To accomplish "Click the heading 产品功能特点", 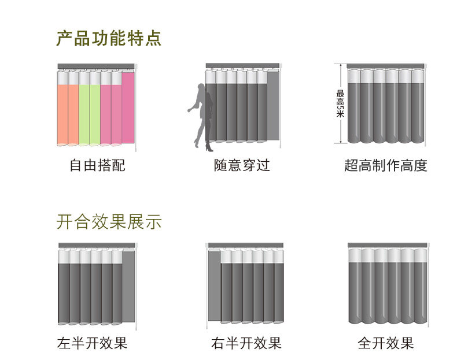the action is click(x=109, y=39).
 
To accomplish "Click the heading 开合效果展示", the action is click(x=109, y=222).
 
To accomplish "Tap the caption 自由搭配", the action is click(x=97, y=166).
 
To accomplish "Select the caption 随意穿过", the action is click(x=242, y=166).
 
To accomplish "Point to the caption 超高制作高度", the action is click(x=385, y=166).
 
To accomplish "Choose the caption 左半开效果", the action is click(x=93, y=343).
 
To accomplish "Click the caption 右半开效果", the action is click(x=246, y=343).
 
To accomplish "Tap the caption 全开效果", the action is click(x=386, y=343).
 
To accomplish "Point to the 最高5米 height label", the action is click(x=340, y=104).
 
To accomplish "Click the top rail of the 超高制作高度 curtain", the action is click(x=386, y=66).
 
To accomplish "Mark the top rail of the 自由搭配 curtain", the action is click(x=95, y=66).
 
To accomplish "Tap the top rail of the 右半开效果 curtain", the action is click(x=246, y=246).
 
